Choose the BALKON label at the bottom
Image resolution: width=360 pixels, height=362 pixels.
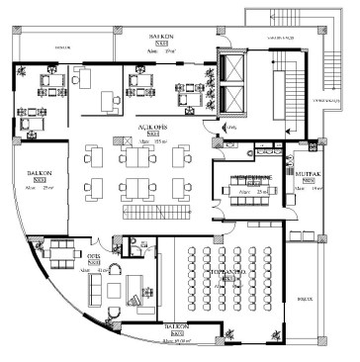coord(178,324)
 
